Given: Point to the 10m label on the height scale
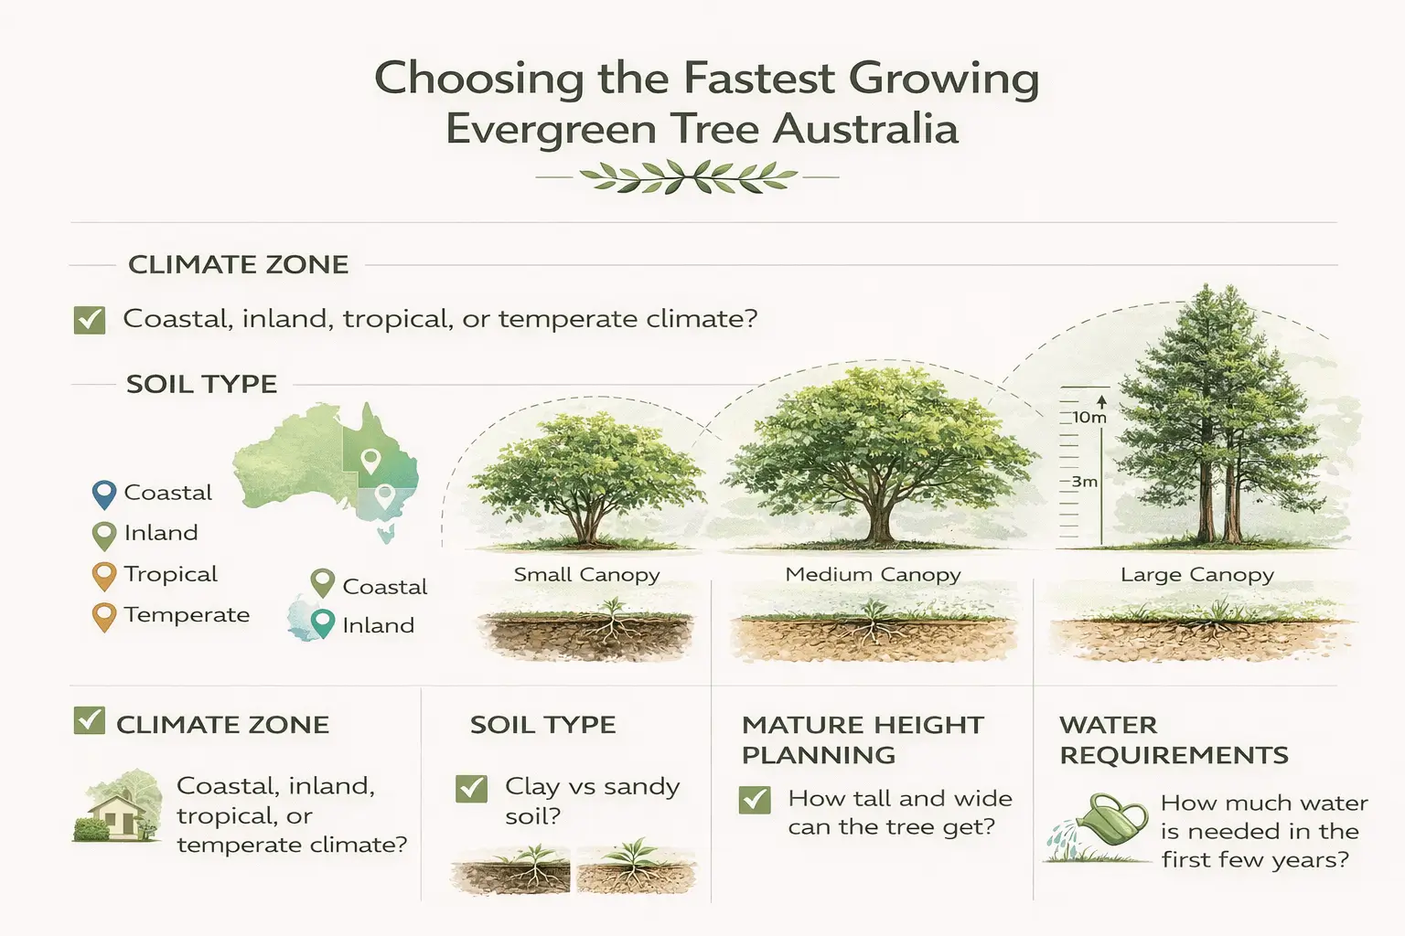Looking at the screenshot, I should coord(1089,418).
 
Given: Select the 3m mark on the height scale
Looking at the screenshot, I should coord(1084,482).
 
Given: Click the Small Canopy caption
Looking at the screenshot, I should coord(586,575).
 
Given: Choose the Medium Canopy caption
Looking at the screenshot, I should coord(873,575).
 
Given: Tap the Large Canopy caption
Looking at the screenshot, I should coord(1196,575).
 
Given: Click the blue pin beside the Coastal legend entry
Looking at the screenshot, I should coord(104,495).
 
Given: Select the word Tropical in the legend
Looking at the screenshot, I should coord(170,574).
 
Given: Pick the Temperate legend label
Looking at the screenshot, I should coord(187,614).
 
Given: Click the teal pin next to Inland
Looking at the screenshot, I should coord(322,622).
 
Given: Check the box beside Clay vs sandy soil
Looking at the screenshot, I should coord(471,788).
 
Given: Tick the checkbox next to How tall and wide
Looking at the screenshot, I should coord(755,800).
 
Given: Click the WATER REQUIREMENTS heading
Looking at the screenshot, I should coord(1173,739).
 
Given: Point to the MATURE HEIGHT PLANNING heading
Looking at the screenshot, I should coord(862,739).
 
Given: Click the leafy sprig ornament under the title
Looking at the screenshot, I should coord(688,176).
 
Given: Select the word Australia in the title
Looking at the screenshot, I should coord(864,129).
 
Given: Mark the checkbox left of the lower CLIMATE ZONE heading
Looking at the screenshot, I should coord(89,721).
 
